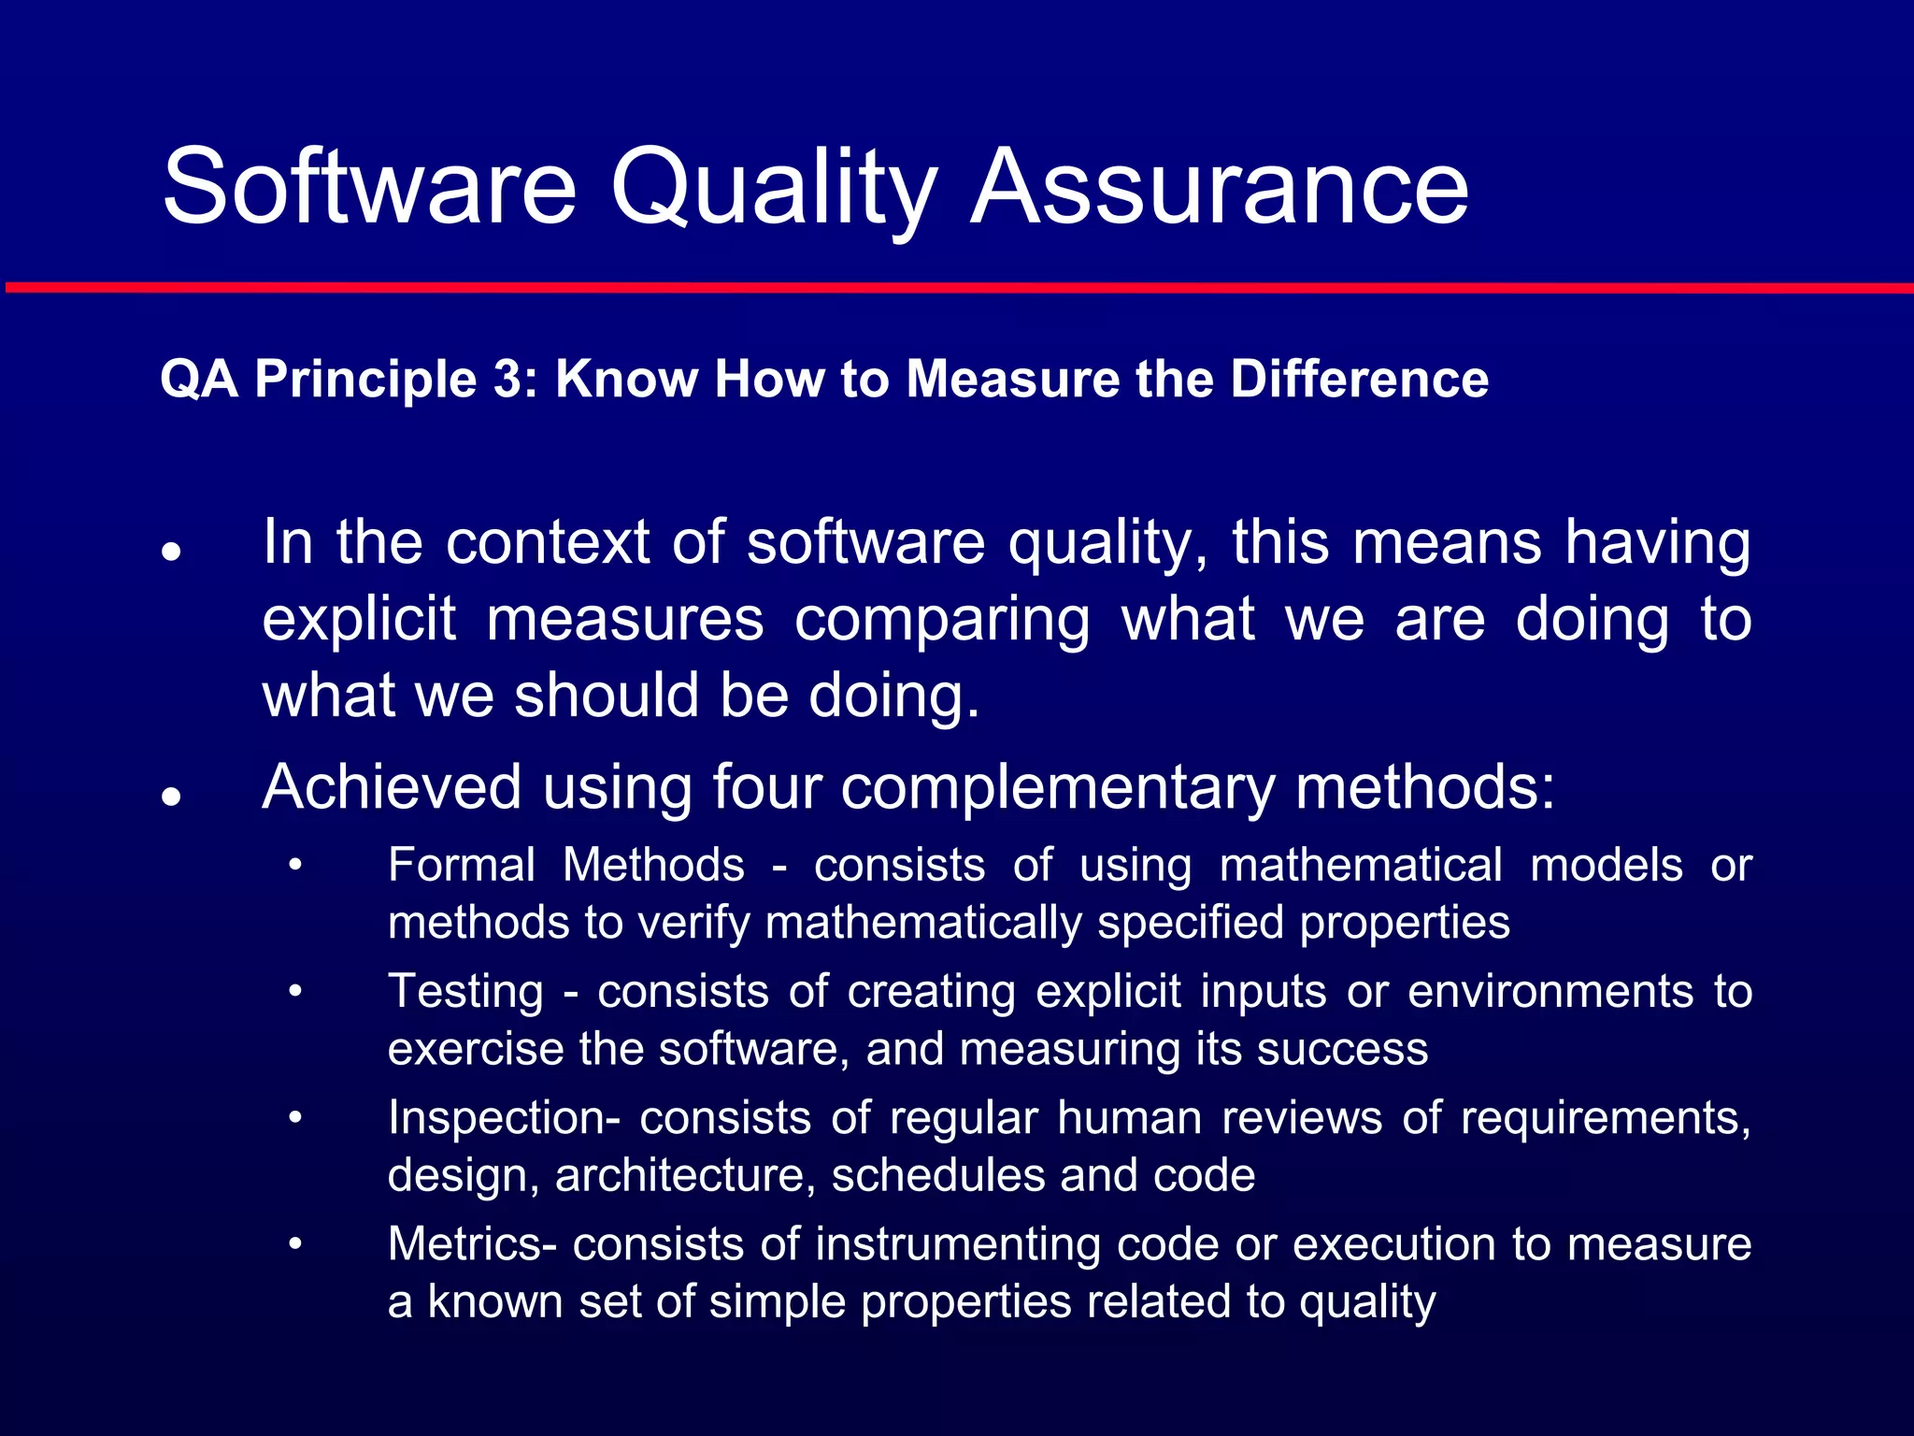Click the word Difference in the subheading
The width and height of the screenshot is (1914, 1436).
click(x=1359, y=380)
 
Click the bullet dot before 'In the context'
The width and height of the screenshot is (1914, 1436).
click(x=170, y=552)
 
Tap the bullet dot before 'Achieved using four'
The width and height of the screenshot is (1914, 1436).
click(x=170, y=797)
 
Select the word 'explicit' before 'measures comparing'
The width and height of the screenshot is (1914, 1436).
click(x=359, y=620)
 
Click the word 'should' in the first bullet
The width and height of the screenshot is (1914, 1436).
click(x=606, y=696)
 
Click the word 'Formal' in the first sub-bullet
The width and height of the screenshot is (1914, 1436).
click(x=461, y=865)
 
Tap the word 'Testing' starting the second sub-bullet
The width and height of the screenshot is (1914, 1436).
click(x=465, y=992)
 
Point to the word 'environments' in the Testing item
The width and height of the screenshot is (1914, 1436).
click(x=1550, y=991)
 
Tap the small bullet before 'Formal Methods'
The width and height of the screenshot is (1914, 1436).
click(x=295, y=866)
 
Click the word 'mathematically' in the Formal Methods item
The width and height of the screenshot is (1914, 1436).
click(x=923, y=923)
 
